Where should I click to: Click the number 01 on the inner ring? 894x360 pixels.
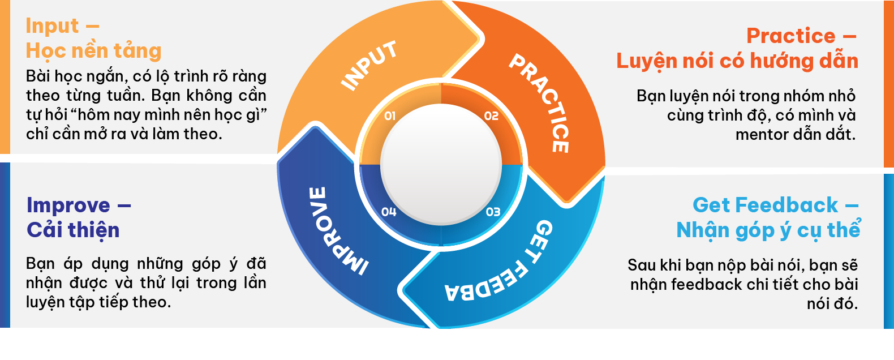[390, 116]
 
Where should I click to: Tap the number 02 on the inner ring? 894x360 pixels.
[491, 116]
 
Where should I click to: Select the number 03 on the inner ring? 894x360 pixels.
[493, 212]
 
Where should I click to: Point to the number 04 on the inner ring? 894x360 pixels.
[389, 212]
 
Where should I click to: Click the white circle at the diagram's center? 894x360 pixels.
[441, 164]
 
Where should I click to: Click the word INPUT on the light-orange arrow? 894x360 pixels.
[369, 66]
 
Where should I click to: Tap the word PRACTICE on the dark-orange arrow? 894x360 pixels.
[540, 102]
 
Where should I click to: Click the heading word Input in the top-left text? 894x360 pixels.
[53, 26]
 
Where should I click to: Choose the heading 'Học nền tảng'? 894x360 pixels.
[94, 51]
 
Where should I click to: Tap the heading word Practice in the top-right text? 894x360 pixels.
[790, 36]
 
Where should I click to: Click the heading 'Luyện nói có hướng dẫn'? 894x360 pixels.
[737, 61]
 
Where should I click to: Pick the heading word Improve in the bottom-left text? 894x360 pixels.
[68, 205]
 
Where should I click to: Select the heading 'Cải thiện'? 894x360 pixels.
[73, 230]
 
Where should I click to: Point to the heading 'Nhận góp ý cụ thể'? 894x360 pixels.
[768, 230]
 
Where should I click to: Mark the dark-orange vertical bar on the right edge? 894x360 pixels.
[888, 85]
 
